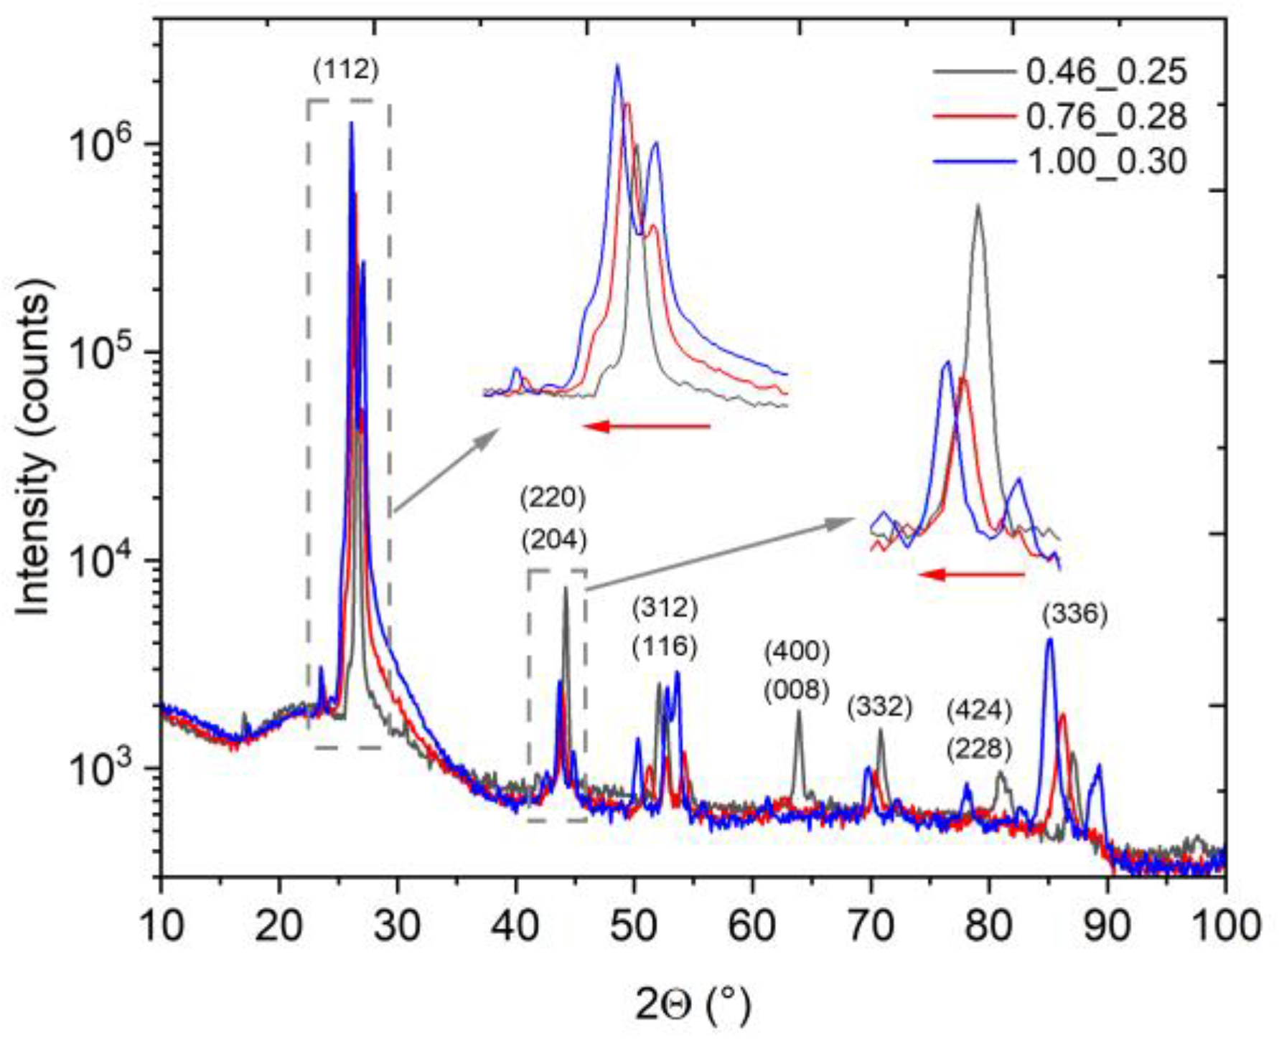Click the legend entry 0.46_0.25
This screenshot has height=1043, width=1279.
[x=1105, y=72]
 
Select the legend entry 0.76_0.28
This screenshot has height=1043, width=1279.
[x=1105, y=116]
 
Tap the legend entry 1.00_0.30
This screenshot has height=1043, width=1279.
[x=1105, y=161]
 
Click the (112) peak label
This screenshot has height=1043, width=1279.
[x=346, y=70]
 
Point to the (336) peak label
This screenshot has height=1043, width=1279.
[x=1074, y=614]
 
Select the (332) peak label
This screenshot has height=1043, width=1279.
[x=879, y=707]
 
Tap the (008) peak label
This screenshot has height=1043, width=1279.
[x=797, y=690]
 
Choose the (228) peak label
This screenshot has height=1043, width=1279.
[x=979, y=750]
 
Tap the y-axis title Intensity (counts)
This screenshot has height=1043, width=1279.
[x=34, y=445]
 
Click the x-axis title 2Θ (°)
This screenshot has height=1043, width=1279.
[x=693, y=1005]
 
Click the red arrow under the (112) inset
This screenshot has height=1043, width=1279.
[x=646, y=427]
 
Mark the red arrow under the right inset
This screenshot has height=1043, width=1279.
[x=972, y=574]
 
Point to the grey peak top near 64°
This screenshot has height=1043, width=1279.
[x=798, y=712]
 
